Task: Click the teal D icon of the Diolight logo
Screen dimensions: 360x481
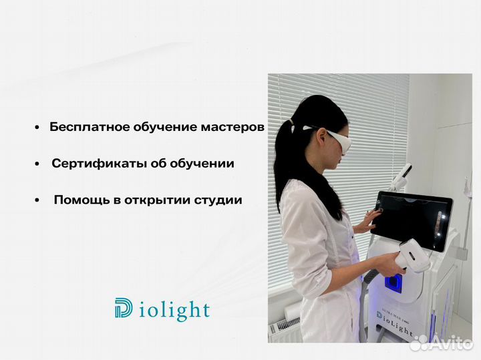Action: click(124, 309)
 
